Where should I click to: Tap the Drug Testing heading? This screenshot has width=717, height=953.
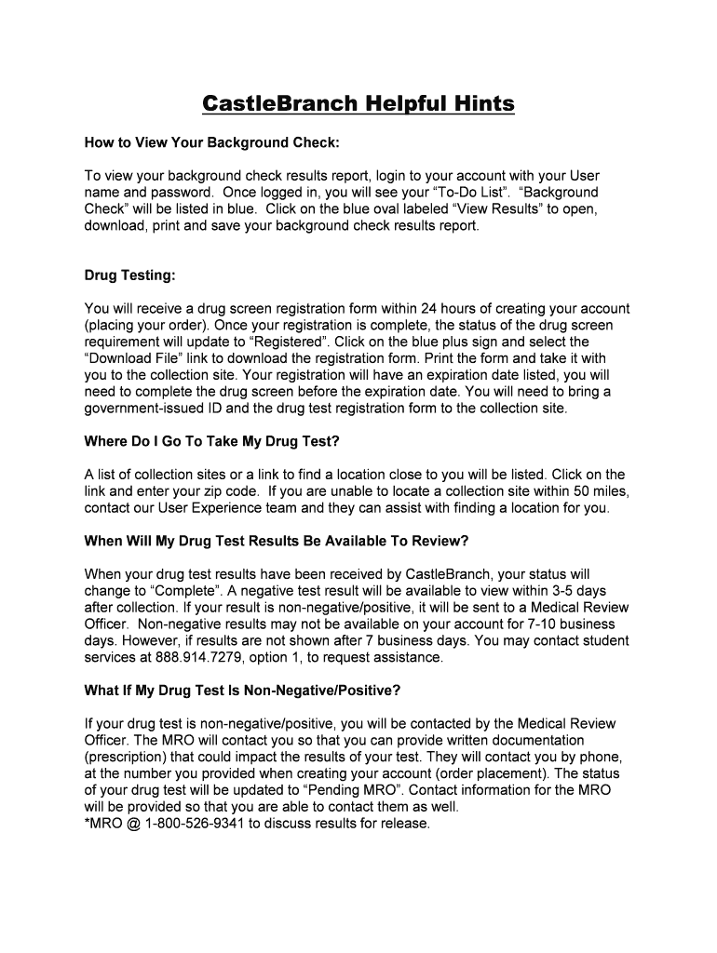[x=129, y=275]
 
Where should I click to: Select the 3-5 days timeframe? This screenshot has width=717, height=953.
[x=574, y=591]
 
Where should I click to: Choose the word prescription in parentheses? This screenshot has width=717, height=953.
[x=128, y=757]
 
